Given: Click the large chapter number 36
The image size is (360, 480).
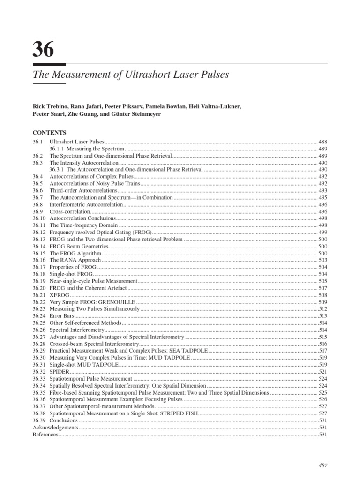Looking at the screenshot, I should click(44, 49).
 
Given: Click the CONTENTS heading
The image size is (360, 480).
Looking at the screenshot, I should click(50, 132).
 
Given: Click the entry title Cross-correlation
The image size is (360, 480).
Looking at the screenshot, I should click(69, 211).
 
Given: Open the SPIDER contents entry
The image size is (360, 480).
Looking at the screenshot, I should click(60, 371).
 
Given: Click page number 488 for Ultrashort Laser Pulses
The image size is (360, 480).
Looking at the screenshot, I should click(322, 142).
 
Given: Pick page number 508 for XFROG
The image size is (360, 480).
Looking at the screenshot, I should click(322, 295).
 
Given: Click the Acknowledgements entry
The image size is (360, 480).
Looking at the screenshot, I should click(55, 427).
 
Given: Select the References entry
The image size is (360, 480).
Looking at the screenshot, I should click(45, 435).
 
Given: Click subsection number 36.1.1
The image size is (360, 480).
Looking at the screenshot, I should click(57, 148).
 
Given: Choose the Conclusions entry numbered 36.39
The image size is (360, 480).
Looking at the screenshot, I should click(63, 420).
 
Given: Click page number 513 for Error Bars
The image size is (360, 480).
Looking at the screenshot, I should click(322, 316).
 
